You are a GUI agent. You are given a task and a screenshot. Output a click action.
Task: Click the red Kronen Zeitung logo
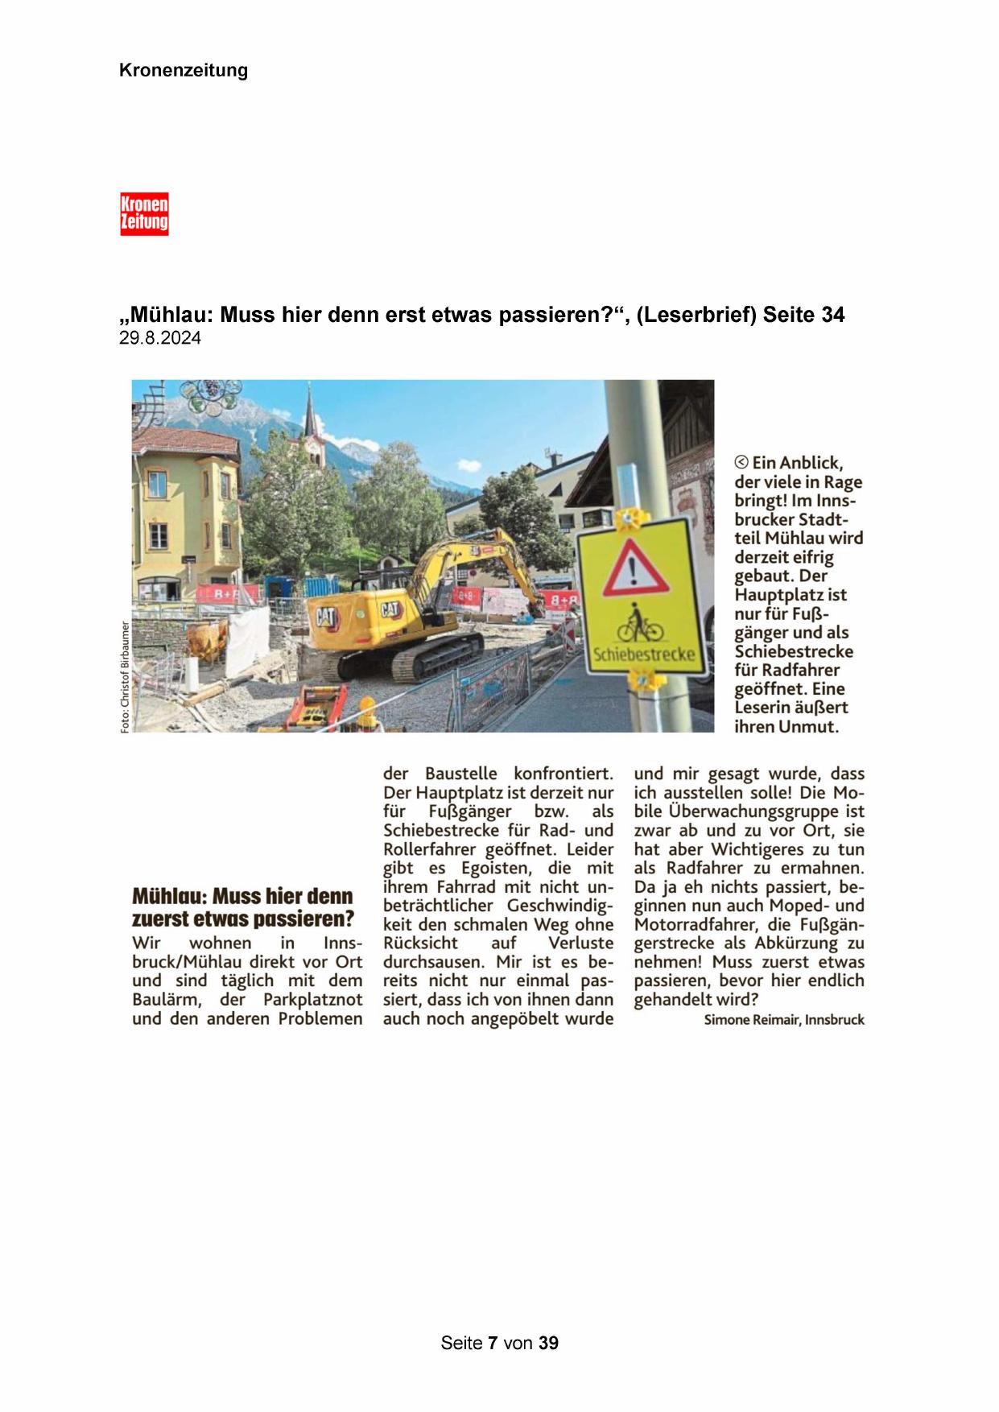144,213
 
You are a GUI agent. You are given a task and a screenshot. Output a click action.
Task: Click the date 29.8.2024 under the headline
160,339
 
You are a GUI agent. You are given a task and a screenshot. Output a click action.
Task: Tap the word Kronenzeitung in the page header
184,71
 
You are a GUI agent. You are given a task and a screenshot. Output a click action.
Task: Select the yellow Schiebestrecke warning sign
642,596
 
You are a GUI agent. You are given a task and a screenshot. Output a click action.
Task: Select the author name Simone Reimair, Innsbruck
783,1020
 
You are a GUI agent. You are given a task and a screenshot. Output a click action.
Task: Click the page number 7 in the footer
493,1344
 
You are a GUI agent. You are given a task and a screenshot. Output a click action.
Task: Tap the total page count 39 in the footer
549,1344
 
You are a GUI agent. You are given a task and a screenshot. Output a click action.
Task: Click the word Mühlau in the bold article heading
166,897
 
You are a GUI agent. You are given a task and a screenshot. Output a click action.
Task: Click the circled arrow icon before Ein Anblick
741,463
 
